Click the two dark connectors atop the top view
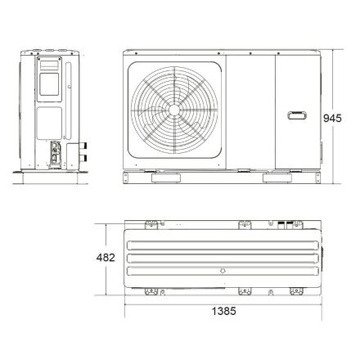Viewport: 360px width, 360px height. click(x=284, y=223)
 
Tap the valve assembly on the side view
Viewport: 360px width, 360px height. click(x=57, y=152)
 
